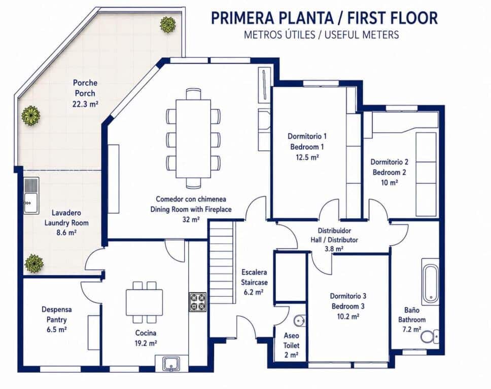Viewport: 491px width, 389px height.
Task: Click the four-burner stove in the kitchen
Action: (x=198, y=302)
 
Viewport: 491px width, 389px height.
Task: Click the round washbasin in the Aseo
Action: (x=299, y=321)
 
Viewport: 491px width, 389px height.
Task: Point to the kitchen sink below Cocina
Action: (x=171, y=364)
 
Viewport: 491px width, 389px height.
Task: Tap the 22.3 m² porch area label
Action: (x=85, y=104)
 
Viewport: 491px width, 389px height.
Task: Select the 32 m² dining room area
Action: (x=191, y=219)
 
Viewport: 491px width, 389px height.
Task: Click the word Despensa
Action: (x=57, y=309)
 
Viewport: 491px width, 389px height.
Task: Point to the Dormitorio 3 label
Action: (x=348, y=296)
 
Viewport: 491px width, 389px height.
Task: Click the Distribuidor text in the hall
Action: (x=334, y=230)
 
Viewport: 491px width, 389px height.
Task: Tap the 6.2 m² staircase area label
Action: (x=253, y=292)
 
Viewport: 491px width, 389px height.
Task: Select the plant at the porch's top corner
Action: (x=167, y=25)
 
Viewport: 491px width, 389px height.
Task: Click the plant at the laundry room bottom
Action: (x=34, y=263)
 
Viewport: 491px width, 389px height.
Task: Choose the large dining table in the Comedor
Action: (x=194, y=138)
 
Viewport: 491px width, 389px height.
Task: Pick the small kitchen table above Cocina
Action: (x=145, y=302)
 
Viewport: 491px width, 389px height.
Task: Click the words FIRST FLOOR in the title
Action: (x=393, y=18)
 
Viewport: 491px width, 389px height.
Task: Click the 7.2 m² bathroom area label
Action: (x=411, y=329)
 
